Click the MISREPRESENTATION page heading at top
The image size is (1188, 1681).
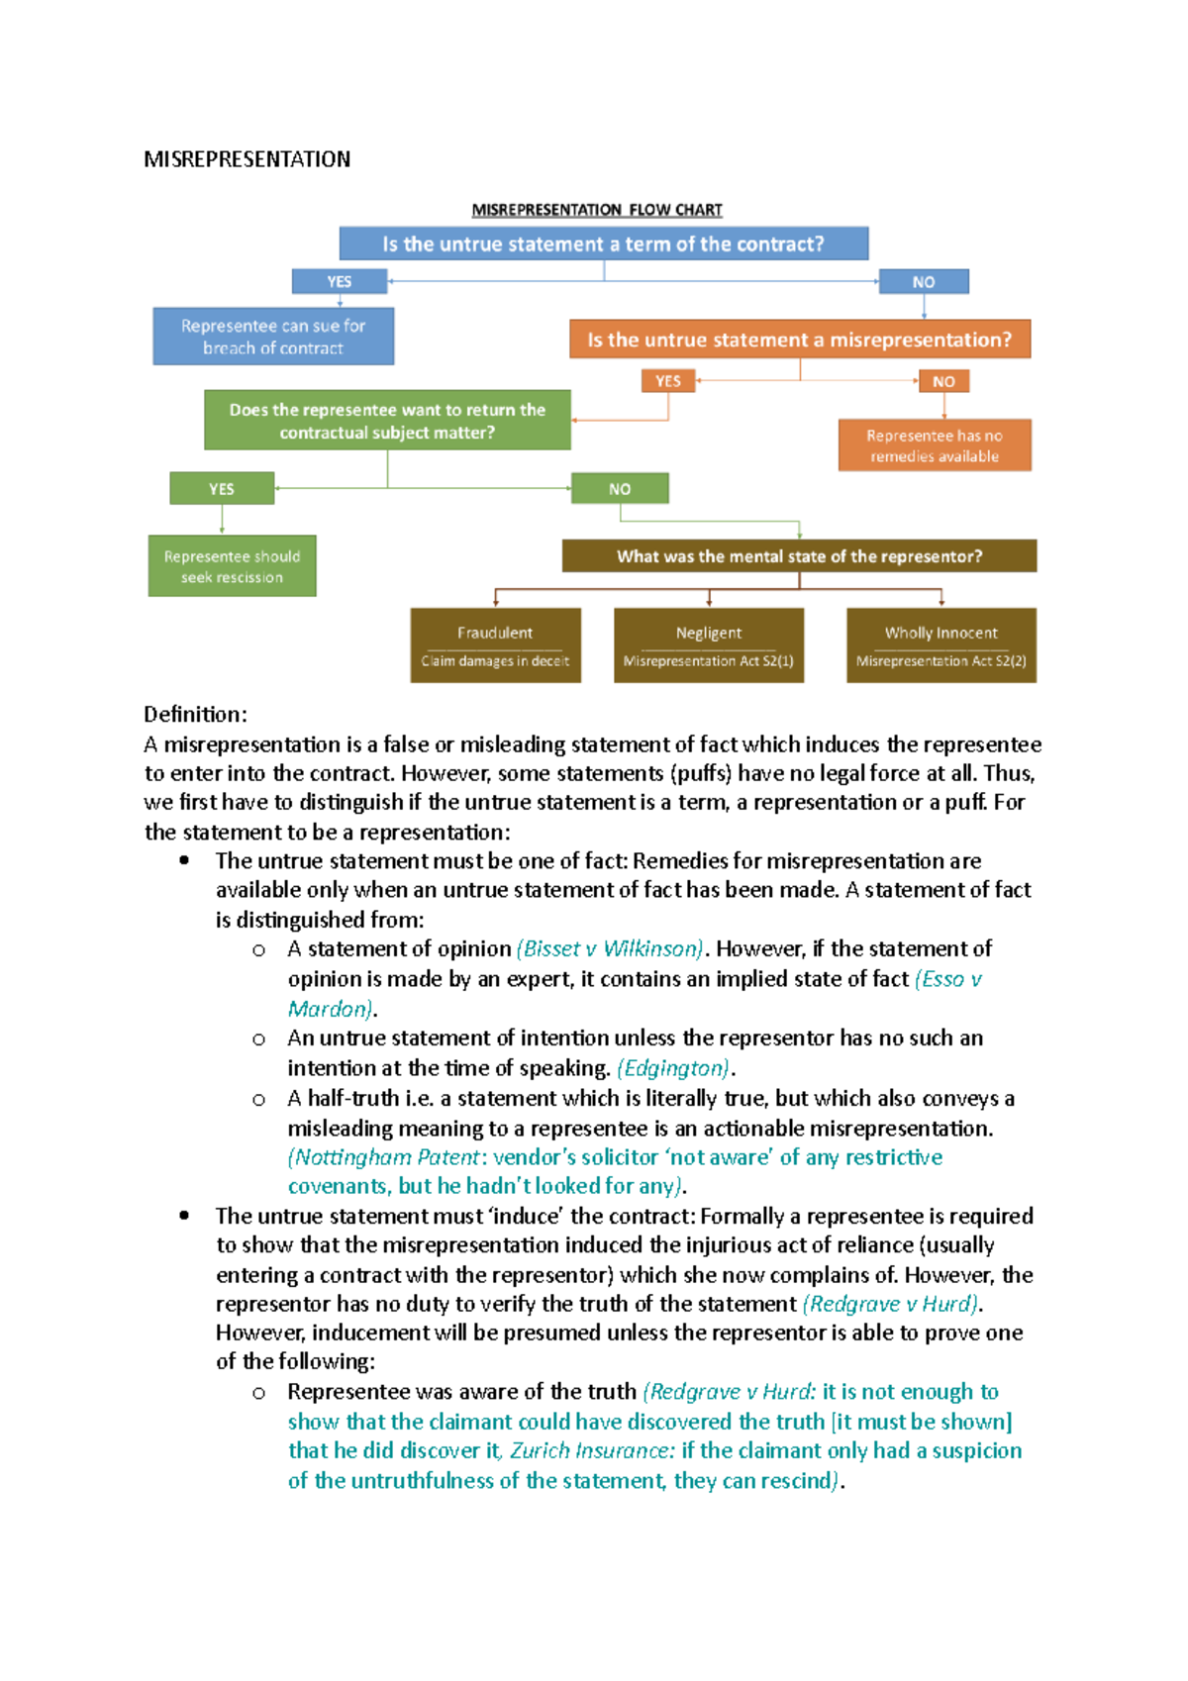click(x=247, y=159)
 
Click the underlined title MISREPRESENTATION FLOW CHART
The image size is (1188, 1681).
click(x=596, y=210)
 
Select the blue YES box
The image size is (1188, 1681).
click(x=339, y=281)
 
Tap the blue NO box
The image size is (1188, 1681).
click(x=923, y=281)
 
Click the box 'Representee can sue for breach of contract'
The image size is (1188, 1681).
click(x=273, y=337)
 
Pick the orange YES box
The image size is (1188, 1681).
click(x=668, y=381)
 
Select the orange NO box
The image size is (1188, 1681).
click(x=943, y=381)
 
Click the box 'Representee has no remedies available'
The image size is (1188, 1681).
click(x=934, y=445)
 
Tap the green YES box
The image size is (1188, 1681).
click(x=222, y=489)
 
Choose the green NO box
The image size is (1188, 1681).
click(x=620, y=489)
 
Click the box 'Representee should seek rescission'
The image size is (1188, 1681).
click(x=232, y=566)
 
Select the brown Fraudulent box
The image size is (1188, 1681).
click(x=495, y=645)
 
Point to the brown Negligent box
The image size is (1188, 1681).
click(x=708, y=645)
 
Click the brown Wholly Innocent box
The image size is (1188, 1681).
click(x=940, y=645)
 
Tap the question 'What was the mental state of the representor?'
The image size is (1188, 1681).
click(x=799, y=556)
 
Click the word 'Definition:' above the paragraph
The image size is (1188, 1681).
click(x=195, y=714)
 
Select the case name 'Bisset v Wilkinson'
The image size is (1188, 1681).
click(x=611, y=948)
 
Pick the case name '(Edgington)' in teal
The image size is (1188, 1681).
click(x=673, y=1068)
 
